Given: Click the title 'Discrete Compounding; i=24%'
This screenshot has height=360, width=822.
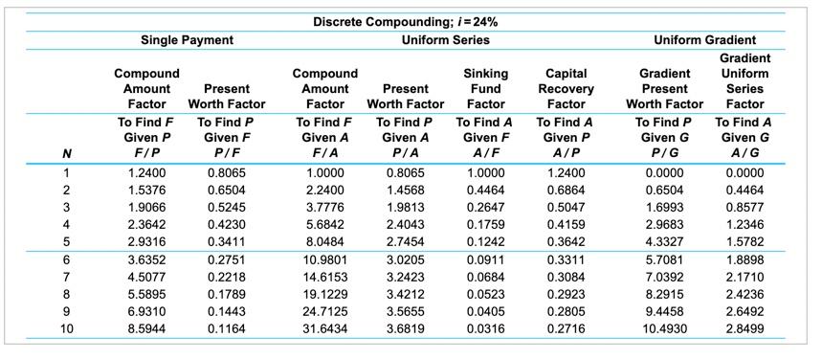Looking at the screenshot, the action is tap(406, 21).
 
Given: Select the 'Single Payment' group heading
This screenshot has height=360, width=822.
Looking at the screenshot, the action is tap(187, 40).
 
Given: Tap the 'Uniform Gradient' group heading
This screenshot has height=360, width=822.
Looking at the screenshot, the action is tap(704, 40).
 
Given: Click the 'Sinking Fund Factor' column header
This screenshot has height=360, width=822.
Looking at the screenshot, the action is tap(485, 88).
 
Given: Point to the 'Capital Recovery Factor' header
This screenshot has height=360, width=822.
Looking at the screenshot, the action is tap(567, 88).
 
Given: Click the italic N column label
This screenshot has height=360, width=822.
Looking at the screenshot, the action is tap(66, 153).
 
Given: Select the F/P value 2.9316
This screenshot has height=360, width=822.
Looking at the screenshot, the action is tap(146, 241).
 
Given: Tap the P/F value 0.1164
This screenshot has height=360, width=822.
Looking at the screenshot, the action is tap(227, 328).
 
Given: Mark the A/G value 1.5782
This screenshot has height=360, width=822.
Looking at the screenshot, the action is tap(744, 241).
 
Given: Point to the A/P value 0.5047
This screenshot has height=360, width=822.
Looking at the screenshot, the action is tap(567, 207).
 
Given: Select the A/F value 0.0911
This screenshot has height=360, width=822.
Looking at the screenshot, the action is tap(485, 259).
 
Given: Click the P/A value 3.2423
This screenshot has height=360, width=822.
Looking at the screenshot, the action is tap(406, 277).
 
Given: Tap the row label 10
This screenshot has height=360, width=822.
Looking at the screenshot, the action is tap(66, 328).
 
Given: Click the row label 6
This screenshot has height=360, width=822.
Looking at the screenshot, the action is tap(66, 259).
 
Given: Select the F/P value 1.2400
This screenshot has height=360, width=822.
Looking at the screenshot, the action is tap(146, 172).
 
